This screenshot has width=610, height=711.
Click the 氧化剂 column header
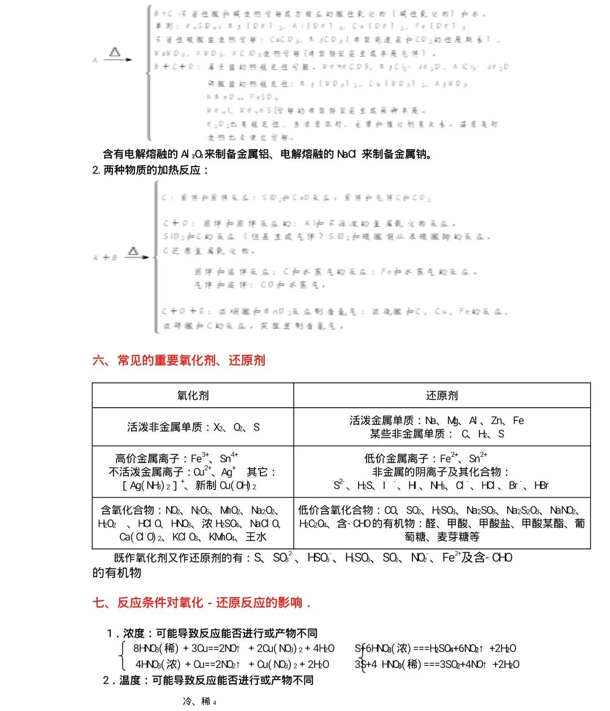(x=193, y=395)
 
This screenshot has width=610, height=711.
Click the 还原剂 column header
(x=441, y=395)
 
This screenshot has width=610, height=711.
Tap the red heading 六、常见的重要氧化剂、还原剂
(x=178, y=360)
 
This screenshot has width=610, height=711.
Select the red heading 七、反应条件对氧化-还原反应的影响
(x=202, y=603)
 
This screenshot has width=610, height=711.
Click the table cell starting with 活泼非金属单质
(x=193, y=427)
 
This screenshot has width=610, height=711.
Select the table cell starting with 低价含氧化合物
(x=442, y=524)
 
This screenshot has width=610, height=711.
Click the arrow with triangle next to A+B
(x=136, y=255)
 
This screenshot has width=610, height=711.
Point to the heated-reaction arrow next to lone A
(x=117, y=56)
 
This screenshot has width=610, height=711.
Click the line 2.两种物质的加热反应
(x=150, y=169)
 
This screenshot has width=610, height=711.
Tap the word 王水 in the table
(x=256, y=536)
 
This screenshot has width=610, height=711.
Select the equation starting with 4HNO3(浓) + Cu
(x=232, y=664)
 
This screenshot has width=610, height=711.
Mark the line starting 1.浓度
(x=212, y=633)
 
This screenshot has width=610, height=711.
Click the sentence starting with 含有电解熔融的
(x=268, y=154)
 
